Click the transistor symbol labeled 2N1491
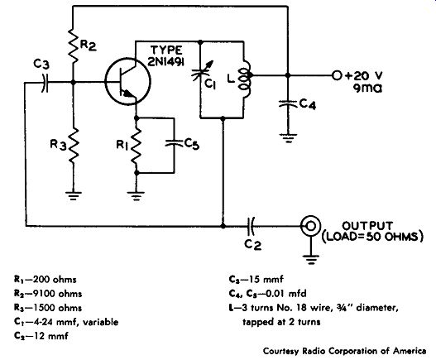tap(127, 81)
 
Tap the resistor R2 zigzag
tap(73, 46)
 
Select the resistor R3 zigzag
tap(73, 146)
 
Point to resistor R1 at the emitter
tap(137, 146)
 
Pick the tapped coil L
tap(246, 79)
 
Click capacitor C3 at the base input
tap(45, 83)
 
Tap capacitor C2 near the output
tap(251, 226)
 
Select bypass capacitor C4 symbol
tap(288, 103)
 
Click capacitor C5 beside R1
tap(175, 143)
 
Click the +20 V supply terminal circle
tap(337, 75)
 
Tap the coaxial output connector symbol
tap(310, 226)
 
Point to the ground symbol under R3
tap(73, 196)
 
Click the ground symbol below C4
tap(288, 138)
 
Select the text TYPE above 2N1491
tap(166, 50)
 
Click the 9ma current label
tap(367, 89)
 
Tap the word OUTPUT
tap(367, 226)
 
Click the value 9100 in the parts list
tap(45, 294)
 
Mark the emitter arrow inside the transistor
tap(127, 94)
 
